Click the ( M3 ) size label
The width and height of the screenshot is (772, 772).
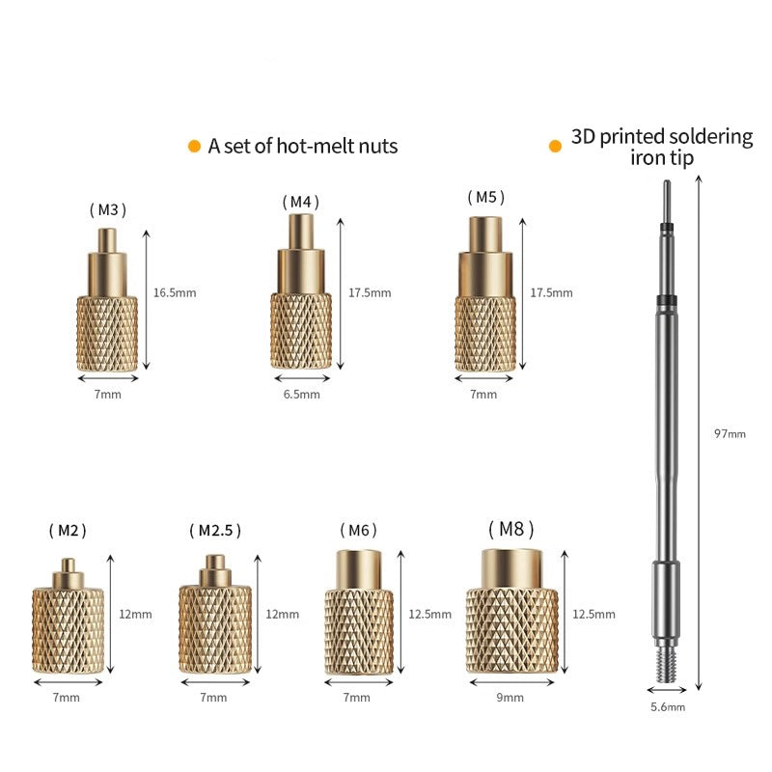pyautogui.click(x=108, y=209)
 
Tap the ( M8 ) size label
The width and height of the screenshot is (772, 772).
pyautogui.click(x=511, y=529)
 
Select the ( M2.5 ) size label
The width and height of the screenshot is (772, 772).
pyautogui.click(x=215, y=530)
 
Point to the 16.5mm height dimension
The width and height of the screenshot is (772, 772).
pyautogui.click(x=175, y=293)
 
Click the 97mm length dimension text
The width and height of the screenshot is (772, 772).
pyautogui.click(x=730, y=433)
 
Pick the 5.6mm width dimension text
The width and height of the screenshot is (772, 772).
pyautogui.click(x=668, y=707)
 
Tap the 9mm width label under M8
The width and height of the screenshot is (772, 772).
pyautogui.click(x=510, y=697)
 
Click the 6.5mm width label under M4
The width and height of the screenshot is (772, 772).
pyautogui.click(x=301, y=395)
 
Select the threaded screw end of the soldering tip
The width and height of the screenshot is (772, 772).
pyautogui.click(x=666, y=665)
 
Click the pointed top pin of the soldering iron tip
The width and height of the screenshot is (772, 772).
pyautogui.click(x=667, y=202)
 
